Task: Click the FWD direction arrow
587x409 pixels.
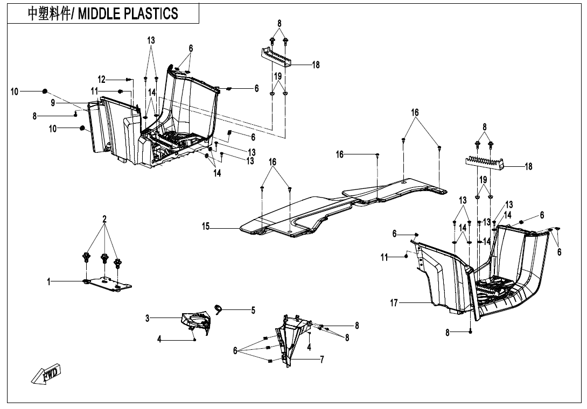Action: click(x=46, y=374)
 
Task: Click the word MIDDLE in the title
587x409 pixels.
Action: click(x=99, y=13)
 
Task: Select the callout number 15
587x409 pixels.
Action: click(x=206, y=227)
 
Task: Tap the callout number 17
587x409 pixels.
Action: click(x=394, y=302)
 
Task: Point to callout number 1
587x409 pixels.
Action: click(x=48, y=281)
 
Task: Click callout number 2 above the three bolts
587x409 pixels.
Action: click(x=104, y=219)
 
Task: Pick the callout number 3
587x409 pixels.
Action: click(x=148, y=319)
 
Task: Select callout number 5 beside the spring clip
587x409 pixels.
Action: click(x=253, y=310)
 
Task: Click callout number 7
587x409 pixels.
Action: click(x=322, y=359)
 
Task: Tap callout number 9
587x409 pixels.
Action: click(x=53, y=103)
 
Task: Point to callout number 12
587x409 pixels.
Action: click(x=102, y=79)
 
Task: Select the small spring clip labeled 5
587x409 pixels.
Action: click(x=219, y=308)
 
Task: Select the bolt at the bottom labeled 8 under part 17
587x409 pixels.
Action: click(x=471, y=332)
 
